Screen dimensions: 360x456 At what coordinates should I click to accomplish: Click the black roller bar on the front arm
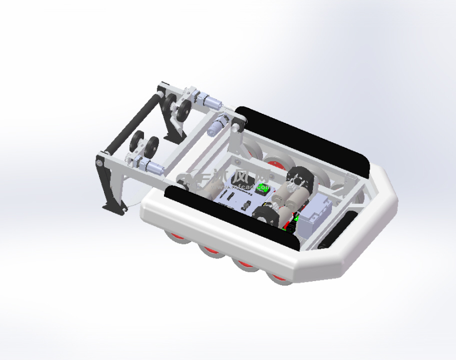[129, 123]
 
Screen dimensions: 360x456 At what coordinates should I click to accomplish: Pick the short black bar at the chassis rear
[340, 228]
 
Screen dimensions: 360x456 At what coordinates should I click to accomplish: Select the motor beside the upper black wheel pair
[209, 101]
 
